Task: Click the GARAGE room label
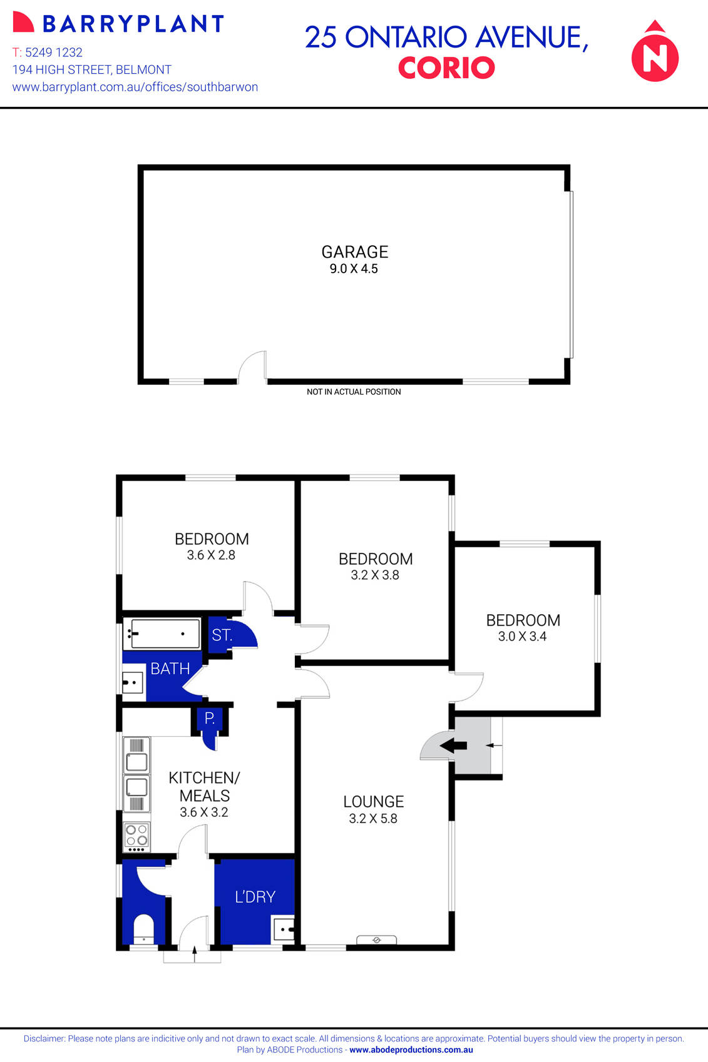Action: [354, 252]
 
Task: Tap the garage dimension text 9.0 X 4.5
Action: [354, 269]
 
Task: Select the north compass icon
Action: [655, 53]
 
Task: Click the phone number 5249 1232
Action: [53, 53]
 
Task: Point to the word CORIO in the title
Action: [446, 68]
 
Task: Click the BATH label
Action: [170, 669]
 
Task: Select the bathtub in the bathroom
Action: [163, 634]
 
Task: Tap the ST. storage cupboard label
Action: [222, 635]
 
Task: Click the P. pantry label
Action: [210, 718]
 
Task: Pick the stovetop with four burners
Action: [136, 836]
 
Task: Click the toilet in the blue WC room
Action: [143, 929]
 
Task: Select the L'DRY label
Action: [255, 897]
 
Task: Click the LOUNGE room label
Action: [373, 802]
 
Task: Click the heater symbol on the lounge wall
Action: [376, 939]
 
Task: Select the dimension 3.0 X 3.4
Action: [522, 637]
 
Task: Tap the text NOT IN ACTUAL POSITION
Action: [354, 392]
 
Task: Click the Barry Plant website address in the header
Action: [135, 87]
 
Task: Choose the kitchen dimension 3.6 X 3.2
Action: [204, 812]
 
